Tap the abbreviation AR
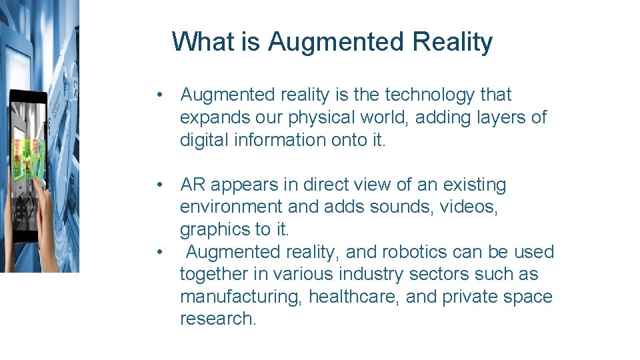tap(193, 185)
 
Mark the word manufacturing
tap(241, 297)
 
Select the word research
tap(217, 319)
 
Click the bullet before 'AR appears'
tap(160, 185)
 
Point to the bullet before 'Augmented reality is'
tap(160, 95)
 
